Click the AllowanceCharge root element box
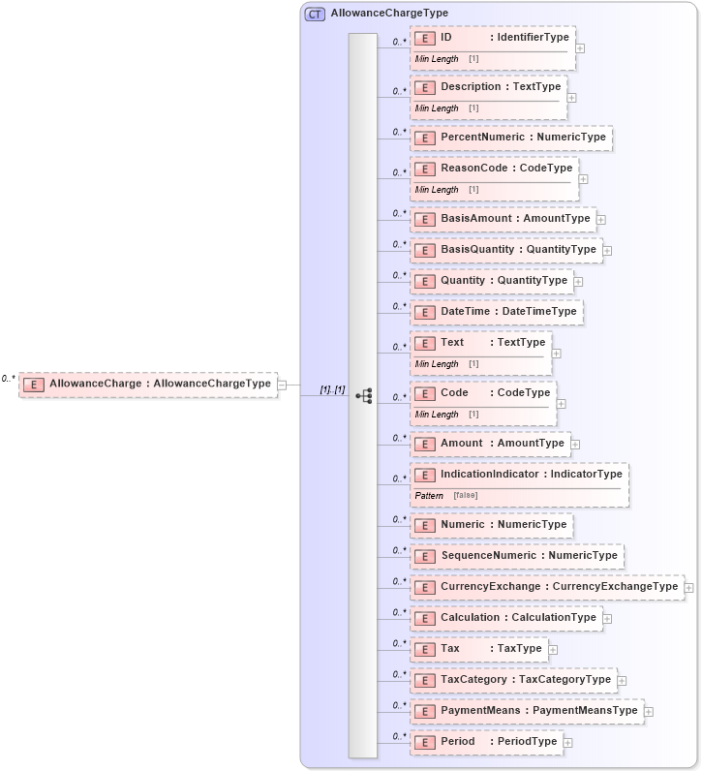(x=148, y=384)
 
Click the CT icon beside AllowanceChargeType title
(x=315, y=14)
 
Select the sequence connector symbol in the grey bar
(x=364, y=395)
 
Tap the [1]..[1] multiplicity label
(x=332, y=389)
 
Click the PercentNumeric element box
(x=511, y=138)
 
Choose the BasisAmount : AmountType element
(x=504, y=219)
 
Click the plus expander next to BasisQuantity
(x=607, y=251)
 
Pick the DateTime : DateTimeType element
(x=497, y=312)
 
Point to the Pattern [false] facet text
(x=445, y=496)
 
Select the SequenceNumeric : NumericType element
(x=516, y=556)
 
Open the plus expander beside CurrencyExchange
(x=688, y=588)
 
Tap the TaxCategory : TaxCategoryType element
(x=513, y=680)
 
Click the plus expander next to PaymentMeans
(x=649, y=712)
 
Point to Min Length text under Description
(x=437, y=108)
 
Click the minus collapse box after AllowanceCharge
(x=282, y=385)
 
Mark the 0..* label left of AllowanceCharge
(x=9, y=379)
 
